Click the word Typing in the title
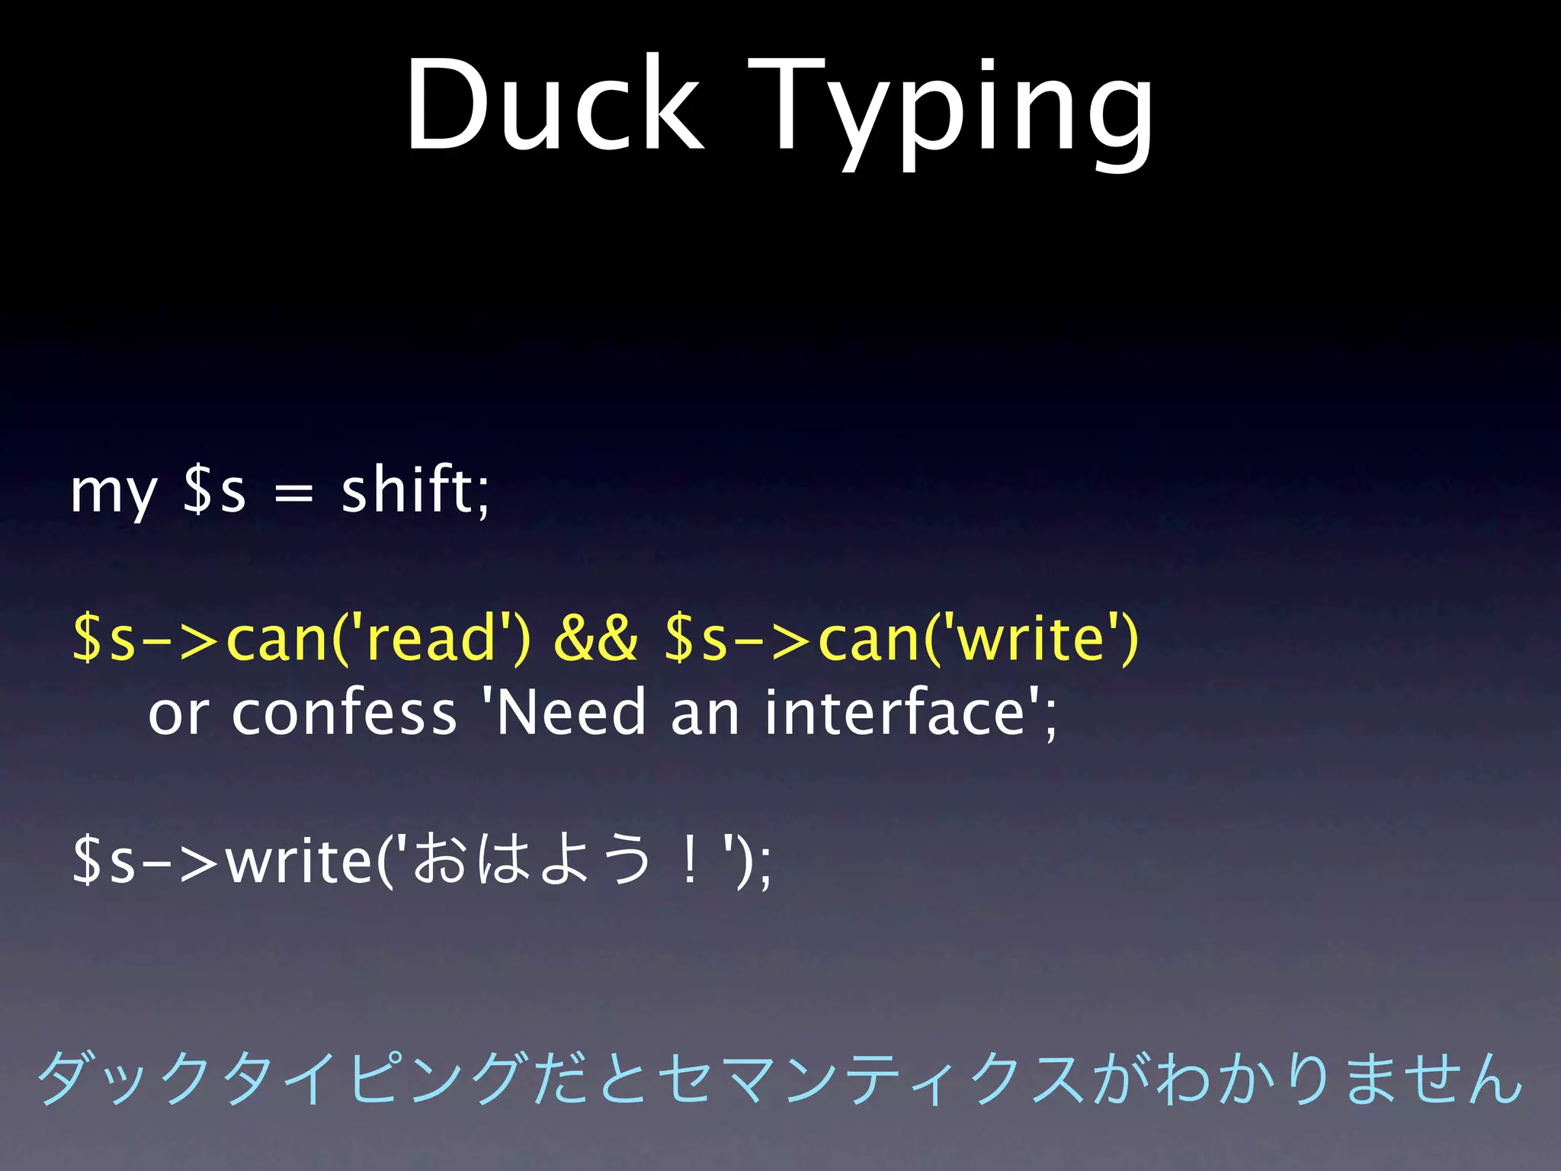pyautogui.click(x=950, y=111)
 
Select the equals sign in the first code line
pyautogui.click(x=293, y=494)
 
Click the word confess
pyautogui.click(x=344, y=712)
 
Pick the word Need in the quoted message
pyautogui.click(x=572, y=712)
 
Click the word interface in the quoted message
pyautogui.click(x=896, y=712)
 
